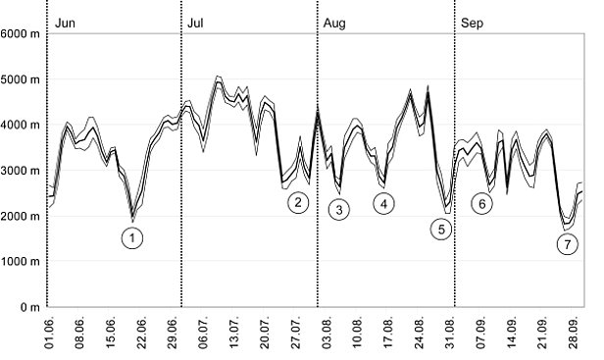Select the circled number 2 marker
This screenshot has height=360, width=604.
pyautogui.click(x=298, y=203)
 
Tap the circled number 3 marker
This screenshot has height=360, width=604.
pyautogui.click(x=338, y=209)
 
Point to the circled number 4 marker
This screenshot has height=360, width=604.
pyautogui.click(x=383, y=203)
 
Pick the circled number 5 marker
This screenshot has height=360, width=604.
pyautogui.click(x=441, y=229)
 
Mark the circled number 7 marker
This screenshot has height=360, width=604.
pyautogui.click(x=566, y=246)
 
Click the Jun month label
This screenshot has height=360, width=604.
pyautogui.click(x=66, y=21)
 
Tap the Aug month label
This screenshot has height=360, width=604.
pyautogui.click(x=334, y=21)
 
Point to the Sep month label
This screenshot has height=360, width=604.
pyautogui.click(x=471, y=21)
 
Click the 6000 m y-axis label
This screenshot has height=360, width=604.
pyautogui.click(x=21, y=34)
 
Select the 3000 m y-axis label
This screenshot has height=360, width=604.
pyautogui.click(x=21, y=171)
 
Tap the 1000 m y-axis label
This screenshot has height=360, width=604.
pyautogui.click(x=21, y=262)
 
